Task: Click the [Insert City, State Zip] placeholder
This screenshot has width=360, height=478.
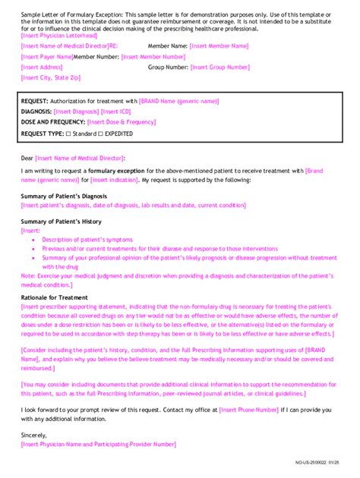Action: click(x=51, y=77)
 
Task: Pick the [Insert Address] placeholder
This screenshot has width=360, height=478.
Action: click(x=42, y=67)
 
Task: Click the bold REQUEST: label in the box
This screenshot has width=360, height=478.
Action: click(x=35, y=101)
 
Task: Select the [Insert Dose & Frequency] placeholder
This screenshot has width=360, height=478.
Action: click(x=122, y=122)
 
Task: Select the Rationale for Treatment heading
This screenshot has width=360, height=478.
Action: click(x=54, y=297)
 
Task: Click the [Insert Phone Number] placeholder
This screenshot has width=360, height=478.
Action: click(x=248, y=410)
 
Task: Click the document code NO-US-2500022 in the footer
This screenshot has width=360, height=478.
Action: click(x=313, y=462)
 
